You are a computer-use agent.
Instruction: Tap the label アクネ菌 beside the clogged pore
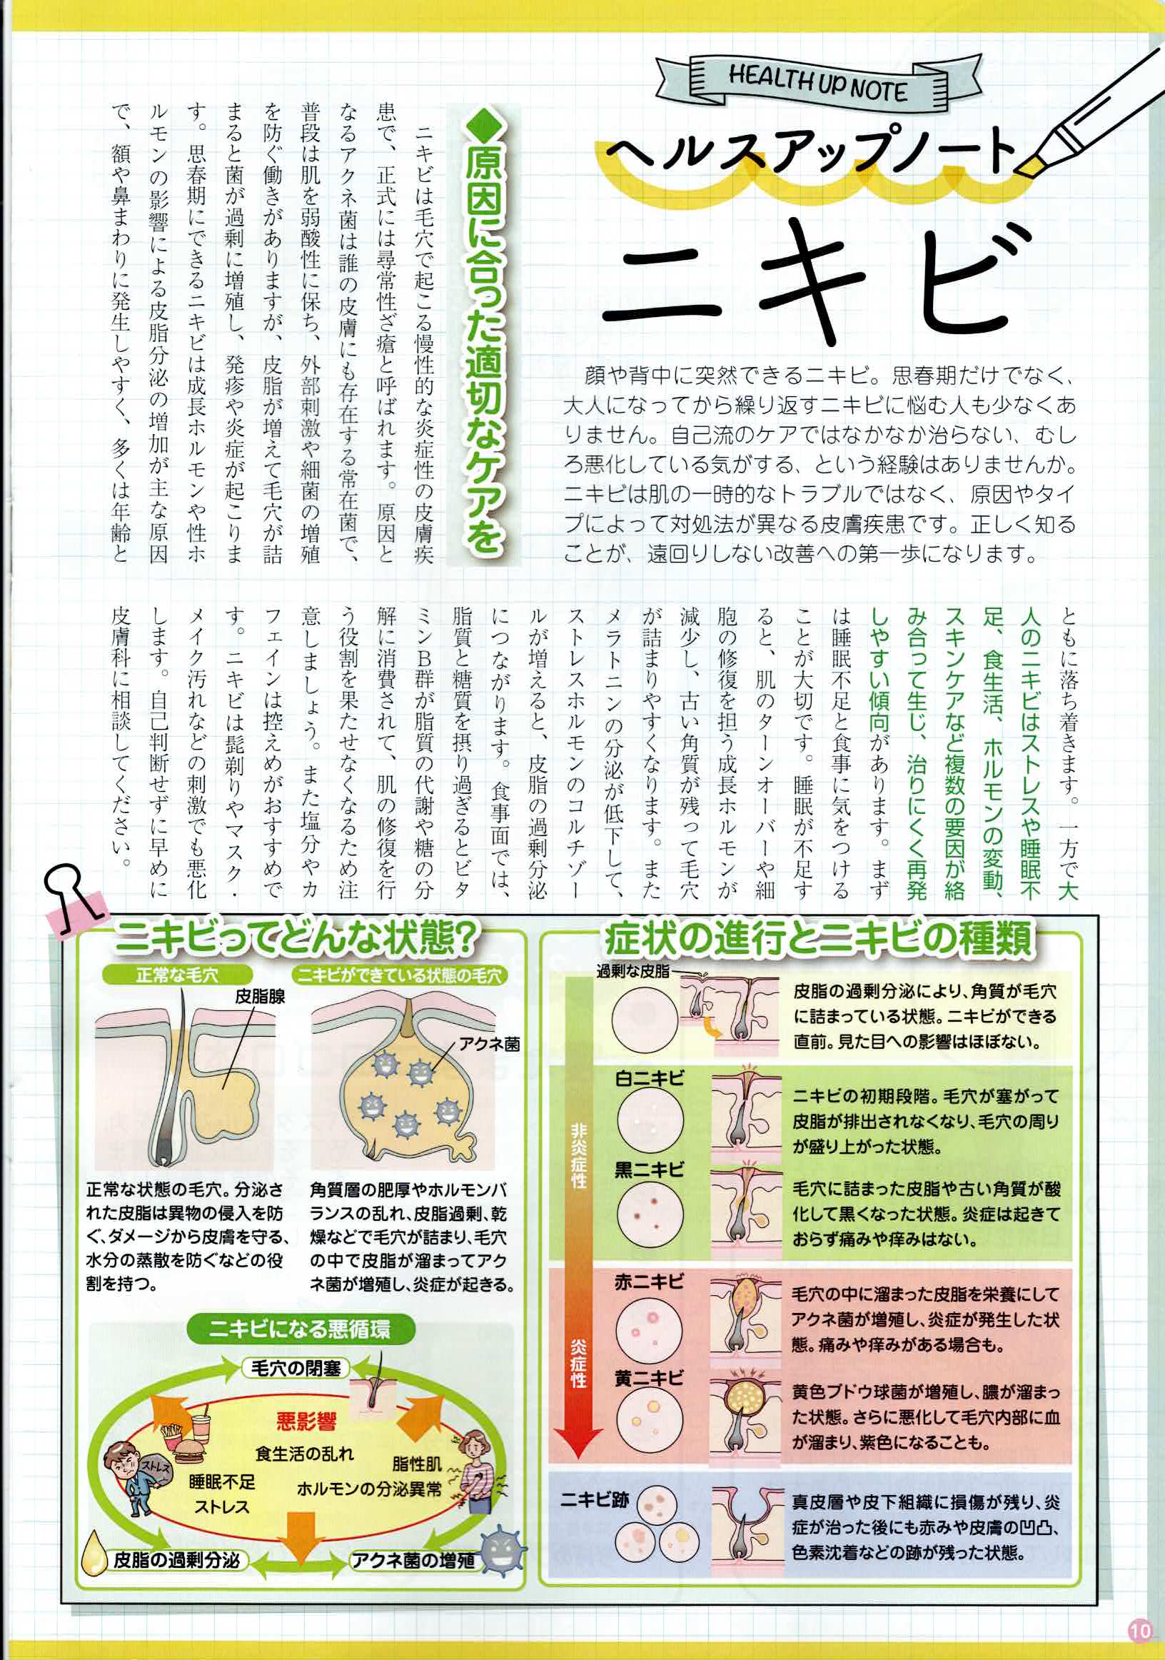click(490, 1043)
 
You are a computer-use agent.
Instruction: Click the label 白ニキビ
click(648, 1079)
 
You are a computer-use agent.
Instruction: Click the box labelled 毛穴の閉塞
click(296, 1369)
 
